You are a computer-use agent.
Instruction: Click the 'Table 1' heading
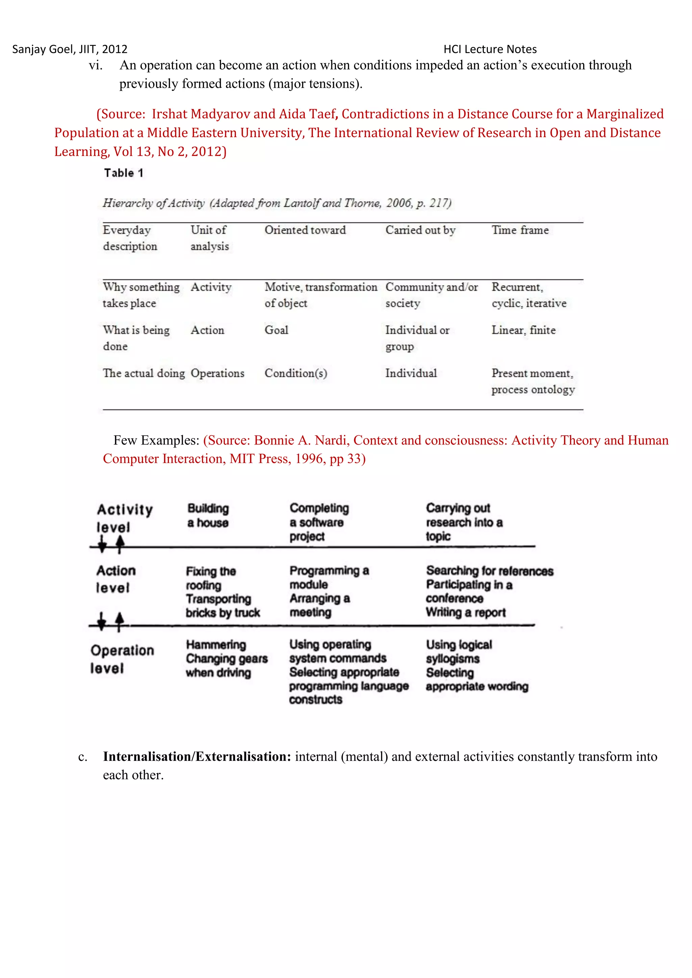pos(124,173)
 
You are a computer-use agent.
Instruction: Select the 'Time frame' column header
pos(520,230)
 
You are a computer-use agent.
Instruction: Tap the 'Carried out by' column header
pos(420,230)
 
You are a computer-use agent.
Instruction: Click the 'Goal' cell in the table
pos(276,330)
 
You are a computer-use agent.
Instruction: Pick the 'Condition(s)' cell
pos(296,373)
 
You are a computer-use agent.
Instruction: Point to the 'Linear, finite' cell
pos(523,330)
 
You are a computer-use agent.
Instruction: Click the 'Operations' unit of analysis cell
pos(217,373)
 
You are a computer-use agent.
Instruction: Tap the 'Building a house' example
pos(208,515)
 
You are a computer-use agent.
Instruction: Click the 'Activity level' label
pos(124,518)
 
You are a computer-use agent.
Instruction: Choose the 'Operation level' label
pos(122,659)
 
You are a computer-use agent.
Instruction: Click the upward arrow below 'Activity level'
pos(120,544)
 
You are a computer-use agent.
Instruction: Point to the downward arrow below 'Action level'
pos(101,621)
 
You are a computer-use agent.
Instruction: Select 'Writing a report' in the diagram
pos(465,613)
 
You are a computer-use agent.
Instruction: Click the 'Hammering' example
pos(216,644)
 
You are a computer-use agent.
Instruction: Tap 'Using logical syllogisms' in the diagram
pos(459,651)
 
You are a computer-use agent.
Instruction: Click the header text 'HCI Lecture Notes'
pos(490,49)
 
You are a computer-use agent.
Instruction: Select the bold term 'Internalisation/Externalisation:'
pos(197,756)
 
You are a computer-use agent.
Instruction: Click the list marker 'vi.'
pos(95,65)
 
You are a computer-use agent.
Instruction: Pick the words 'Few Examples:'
pos(156,440)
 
